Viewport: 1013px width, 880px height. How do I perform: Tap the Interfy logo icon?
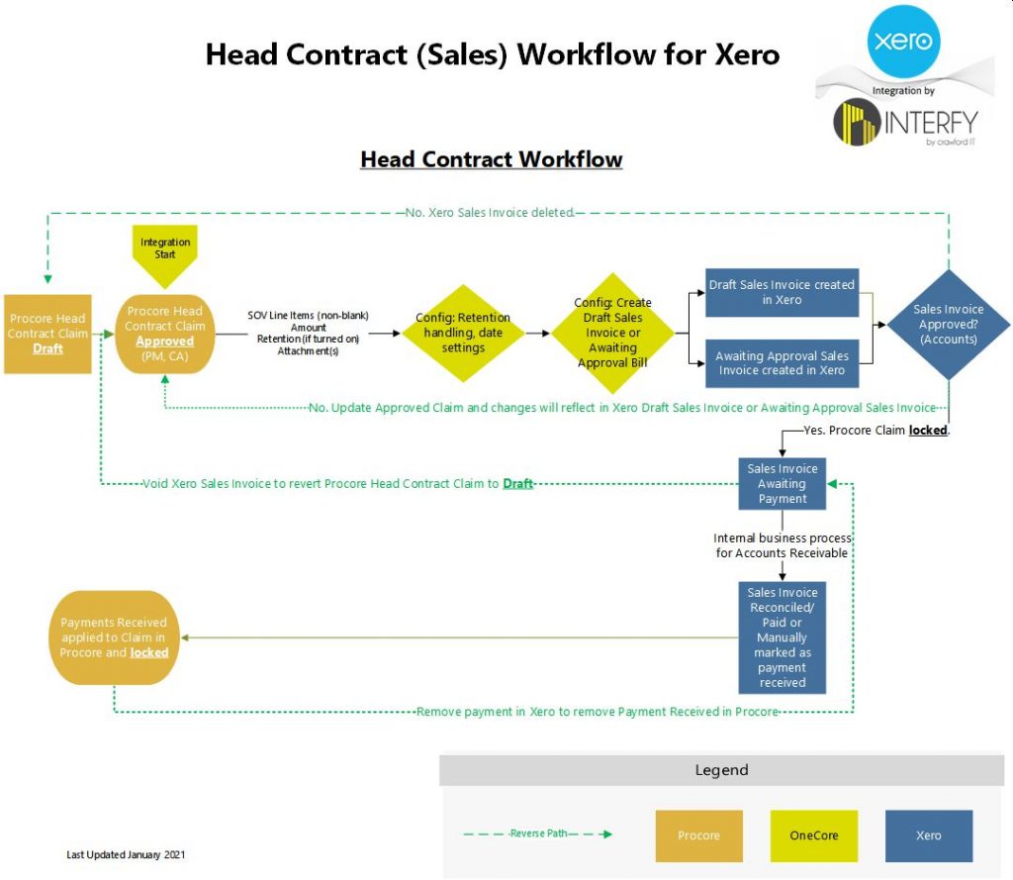coord(856,123)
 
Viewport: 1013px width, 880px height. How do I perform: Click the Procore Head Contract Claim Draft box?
coord(47,334)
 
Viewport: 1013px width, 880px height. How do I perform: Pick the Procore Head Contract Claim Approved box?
coord(165,334)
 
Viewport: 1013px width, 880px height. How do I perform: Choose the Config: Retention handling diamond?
coord(463,334)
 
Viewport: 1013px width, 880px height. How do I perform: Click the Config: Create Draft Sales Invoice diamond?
coord(612,334)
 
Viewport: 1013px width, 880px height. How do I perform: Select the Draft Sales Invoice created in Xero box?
coord(782,293)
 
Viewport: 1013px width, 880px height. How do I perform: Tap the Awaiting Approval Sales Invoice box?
coord(782,363)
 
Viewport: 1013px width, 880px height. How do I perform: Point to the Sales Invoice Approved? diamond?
coord(948,325)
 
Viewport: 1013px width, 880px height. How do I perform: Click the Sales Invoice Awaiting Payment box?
coord(783,484)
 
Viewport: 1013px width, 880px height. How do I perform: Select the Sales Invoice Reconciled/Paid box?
coord(783,637)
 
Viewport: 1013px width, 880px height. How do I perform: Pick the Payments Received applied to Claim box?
coord(114,637)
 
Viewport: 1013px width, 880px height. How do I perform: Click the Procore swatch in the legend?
coord(698,835)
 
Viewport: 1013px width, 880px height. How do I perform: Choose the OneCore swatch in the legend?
coord(814,835)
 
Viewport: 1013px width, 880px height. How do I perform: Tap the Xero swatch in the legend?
coord(929,835)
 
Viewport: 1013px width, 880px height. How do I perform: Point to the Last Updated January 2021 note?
coord(126,854)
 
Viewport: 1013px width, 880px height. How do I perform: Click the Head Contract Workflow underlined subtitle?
coord(492,159)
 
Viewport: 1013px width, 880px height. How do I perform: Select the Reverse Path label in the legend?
coord(538,833)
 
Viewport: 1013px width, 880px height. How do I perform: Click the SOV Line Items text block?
coord(308,334)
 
